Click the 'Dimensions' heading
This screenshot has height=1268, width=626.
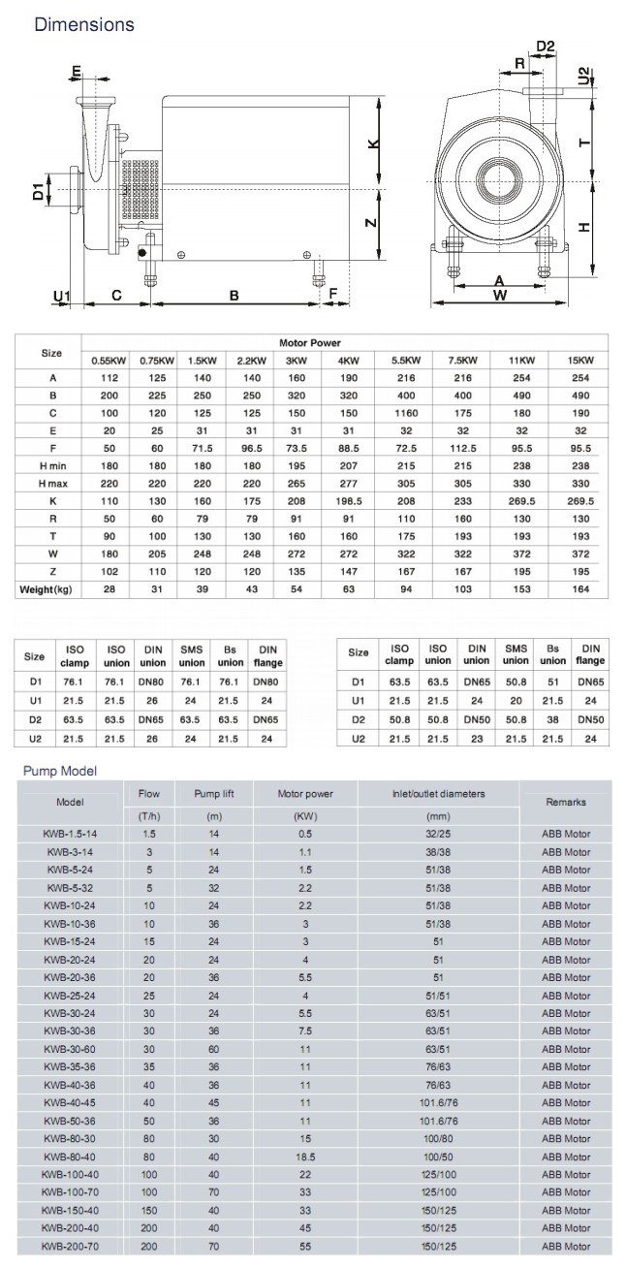[84, 24]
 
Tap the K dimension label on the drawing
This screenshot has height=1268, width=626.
[372, 143]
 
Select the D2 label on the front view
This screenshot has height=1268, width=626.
[546, 46]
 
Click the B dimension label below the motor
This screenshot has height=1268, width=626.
[234, 295]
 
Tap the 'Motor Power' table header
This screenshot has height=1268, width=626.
[309, 343]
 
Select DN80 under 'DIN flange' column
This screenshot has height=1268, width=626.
[267, 682]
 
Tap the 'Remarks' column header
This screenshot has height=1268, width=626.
[566, 802]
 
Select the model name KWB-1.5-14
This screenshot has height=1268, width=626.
[70, 834]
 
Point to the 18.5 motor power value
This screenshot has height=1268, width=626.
[306, 1157]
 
